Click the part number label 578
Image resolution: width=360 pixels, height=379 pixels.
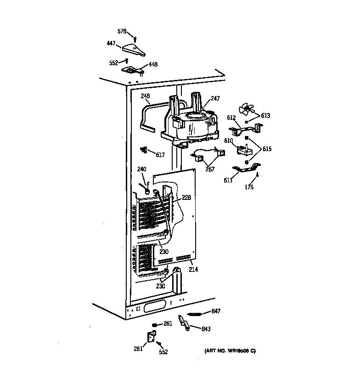pos(122,31)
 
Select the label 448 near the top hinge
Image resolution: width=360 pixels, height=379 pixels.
pos(152,65)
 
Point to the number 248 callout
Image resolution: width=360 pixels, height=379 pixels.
pos(145,96)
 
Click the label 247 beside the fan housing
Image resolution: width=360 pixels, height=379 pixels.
pos(215,99)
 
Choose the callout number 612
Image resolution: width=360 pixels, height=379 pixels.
pos(231,118)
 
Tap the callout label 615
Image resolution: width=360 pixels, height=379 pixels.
pos(267,149)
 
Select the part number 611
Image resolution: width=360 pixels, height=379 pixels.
pos(228,181)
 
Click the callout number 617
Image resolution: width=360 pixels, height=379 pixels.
pos(160,155)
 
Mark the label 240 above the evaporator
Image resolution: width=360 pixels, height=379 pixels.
pos(141,169)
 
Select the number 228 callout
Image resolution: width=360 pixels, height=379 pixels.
pos(186,198)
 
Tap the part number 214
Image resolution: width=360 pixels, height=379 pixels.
pos(193,270)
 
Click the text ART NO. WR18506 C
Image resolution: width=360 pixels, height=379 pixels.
pos(230,351)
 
